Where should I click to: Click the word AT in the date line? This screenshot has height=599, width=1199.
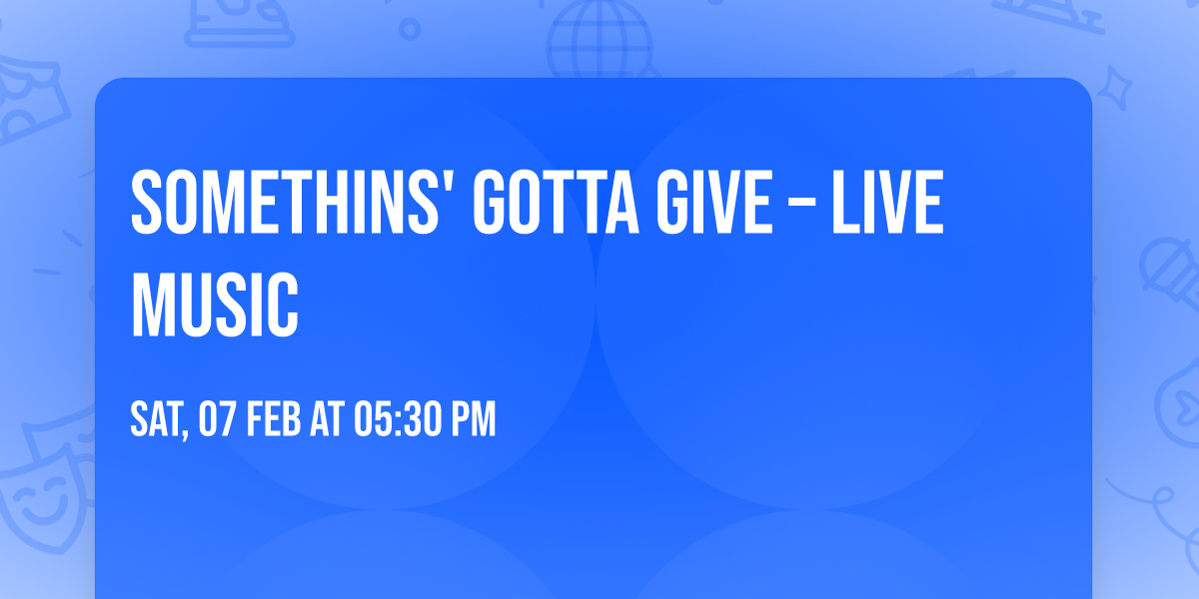(x=327, y=420)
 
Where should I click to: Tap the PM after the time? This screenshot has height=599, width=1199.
(x=474, y=420)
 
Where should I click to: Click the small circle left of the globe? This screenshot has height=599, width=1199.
(x=410, y=30)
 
